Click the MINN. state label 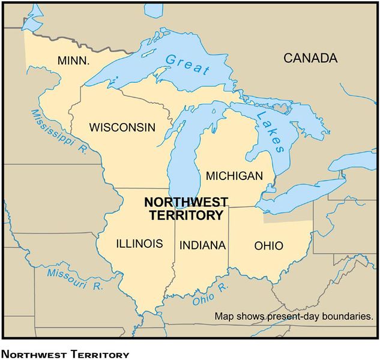73,61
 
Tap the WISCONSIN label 122,127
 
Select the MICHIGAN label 234,176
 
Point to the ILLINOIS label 139,244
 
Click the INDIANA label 202,245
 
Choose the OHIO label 268,245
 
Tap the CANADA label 310,58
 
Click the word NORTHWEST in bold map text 184,202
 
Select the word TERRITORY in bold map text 184,215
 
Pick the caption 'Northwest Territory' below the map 65,355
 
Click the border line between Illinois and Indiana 175,252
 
